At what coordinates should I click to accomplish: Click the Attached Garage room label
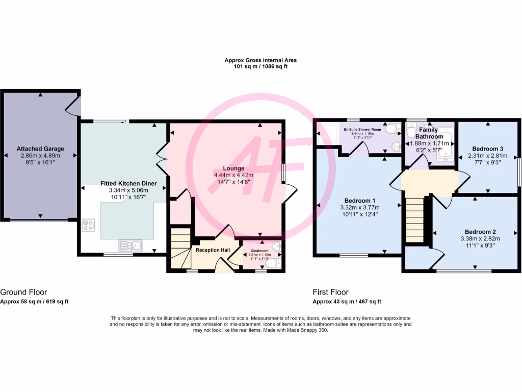(x=40, y=149)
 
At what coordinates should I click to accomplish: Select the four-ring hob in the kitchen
(x=88, y=225)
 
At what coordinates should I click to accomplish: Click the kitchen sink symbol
(x=129, y=246)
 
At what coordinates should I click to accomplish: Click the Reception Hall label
(x=213, y=250)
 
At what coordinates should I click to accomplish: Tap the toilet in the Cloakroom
(x=271, y=263)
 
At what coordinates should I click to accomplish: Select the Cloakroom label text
(x=259, y=251)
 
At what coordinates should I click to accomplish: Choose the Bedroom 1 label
(x=360, y=200)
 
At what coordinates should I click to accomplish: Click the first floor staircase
(x=415, y=217)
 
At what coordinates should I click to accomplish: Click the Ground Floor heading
(x=23, y=292)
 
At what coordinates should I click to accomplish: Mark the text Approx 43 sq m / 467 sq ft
(x=347, y=302)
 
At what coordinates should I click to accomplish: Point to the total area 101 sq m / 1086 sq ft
(x=260, y=67)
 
